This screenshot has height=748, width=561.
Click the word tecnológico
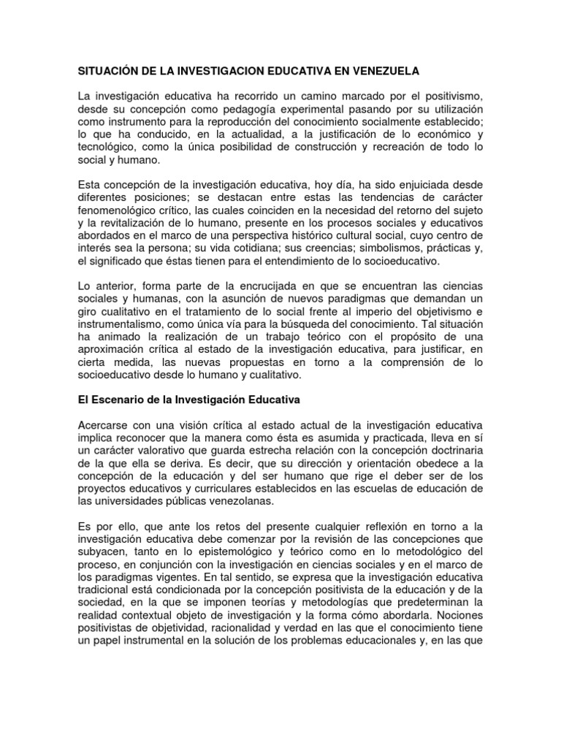point(107,147)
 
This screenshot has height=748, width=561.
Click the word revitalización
point(132,222)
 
